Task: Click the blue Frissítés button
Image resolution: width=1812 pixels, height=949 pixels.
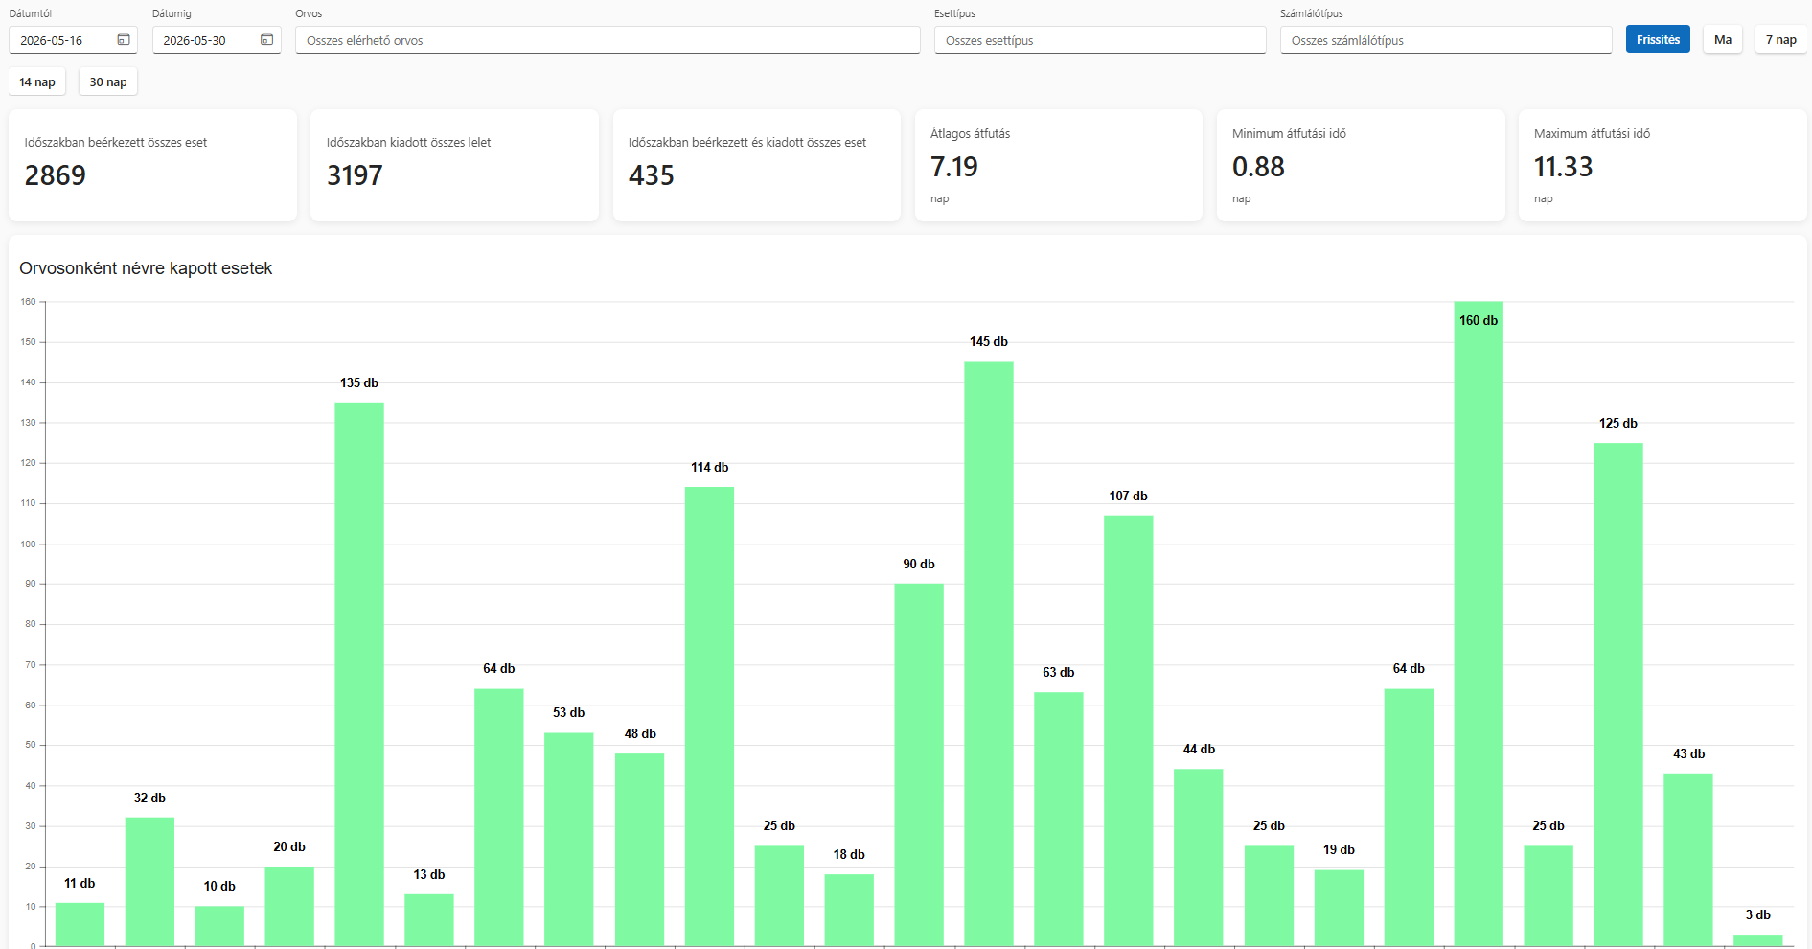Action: [1658, 39]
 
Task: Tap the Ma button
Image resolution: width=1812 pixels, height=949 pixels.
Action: [1723, 39]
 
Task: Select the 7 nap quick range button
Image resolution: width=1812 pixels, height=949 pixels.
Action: [1780, 39]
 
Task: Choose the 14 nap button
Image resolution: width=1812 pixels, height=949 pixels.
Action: [37, 81]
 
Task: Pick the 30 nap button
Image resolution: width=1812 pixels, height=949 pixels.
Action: [108, 81]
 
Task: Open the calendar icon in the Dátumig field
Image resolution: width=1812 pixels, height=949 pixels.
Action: [266, 39]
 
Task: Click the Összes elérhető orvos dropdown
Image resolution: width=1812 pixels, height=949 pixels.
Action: [608, 40]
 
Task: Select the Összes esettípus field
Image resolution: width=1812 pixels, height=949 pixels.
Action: [1100, 40]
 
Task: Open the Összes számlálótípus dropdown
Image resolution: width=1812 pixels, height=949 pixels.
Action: [1446, 40]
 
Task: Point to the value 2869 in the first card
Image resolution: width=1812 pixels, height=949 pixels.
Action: [56, 175]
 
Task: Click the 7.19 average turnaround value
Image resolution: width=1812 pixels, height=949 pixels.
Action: [954, 167]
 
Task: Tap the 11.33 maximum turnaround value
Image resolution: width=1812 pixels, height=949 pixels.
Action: [1563, 167]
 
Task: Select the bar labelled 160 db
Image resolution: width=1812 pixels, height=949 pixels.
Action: [1479, 624]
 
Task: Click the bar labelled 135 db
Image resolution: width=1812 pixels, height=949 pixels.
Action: [359, 675]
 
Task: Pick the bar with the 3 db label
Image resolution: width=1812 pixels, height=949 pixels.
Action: [1758, 940]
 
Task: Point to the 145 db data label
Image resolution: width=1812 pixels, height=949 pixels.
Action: [989, 341]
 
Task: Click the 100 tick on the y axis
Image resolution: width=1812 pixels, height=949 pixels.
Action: [28, 544]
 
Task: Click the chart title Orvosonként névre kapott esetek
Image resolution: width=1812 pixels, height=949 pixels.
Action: [146, 268]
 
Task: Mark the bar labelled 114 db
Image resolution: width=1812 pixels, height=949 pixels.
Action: [709, 717]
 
